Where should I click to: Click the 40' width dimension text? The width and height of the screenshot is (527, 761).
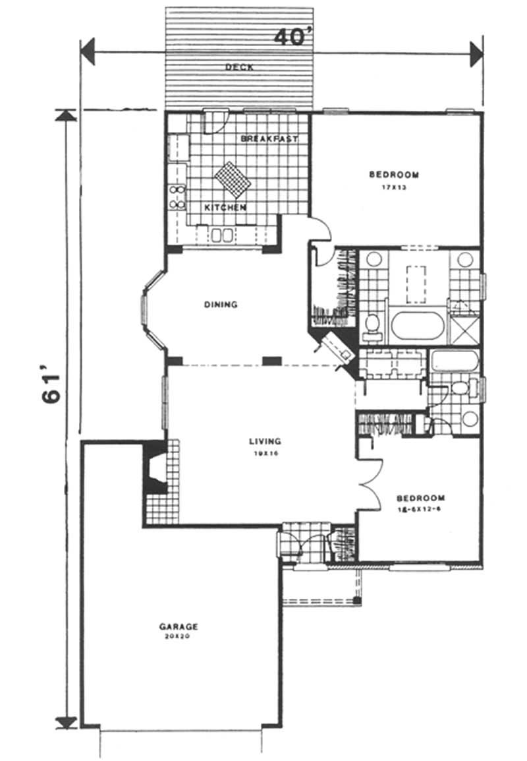coord(292,38)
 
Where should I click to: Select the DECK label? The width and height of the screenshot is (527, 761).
coord(239,67)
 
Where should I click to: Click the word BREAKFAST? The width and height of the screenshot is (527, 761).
coord(269,139)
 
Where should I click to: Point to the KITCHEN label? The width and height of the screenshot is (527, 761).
coord(225,208)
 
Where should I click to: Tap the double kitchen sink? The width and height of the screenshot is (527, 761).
coord(221,235)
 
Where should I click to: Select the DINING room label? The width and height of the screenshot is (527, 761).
coord(221,305)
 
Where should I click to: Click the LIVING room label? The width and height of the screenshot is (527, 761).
coord(265,441)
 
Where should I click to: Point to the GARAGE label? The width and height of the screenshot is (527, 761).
coord(179,626)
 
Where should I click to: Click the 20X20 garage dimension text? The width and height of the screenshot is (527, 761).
coord(179,638)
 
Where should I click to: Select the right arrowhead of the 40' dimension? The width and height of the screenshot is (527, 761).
coord(476,53)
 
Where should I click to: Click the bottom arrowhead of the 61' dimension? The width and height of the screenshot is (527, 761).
coord(65,721)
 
